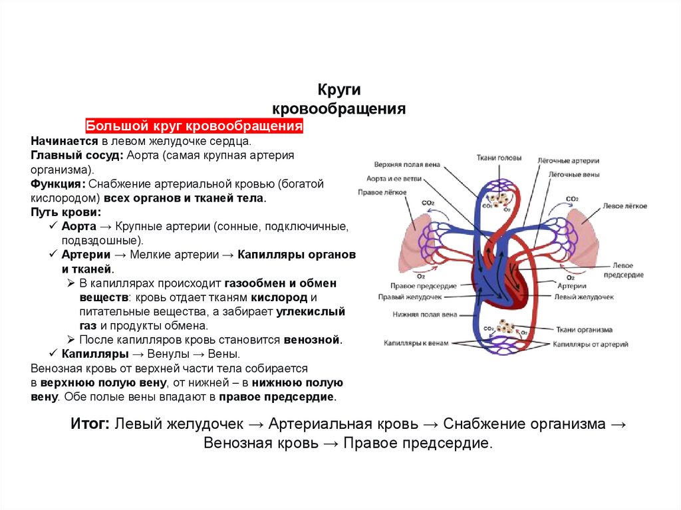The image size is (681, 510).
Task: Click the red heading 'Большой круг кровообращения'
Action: [194, 126]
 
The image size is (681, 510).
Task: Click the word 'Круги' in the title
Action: [339, 90]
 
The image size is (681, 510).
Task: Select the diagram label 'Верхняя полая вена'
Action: [406, 165]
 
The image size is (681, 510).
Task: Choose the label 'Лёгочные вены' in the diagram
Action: [573, 175]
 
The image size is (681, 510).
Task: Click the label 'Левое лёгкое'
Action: [624, 206]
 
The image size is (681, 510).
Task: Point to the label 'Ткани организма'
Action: [586, 329]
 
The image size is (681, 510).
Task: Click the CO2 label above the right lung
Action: [428, 203]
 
